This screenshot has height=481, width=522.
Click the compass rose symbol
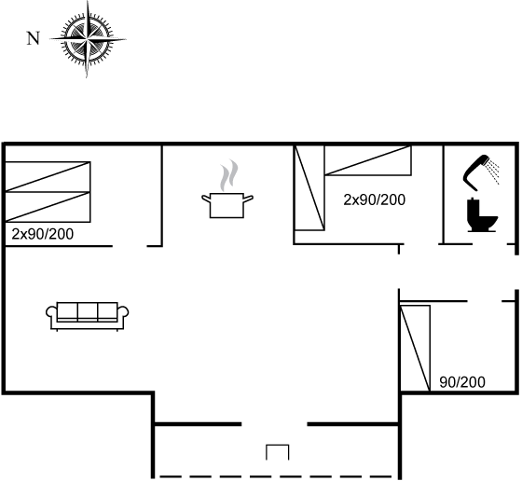click(88, 39)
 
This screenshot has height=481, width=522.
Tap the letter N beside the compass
click(33, 38)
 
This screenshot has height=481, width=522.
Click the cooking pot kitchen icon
click(227, 205)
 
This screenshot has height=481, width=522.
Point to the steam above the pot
click(229, 175)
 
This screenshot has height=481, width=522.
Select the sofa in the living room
click(88, 316)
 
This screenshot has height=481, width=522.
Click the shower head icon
click(480, 172)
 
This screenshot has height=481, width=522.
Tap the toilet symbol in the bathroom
click(482, 215)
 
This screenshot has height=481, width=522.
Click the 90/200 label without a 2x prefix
click(462, 382)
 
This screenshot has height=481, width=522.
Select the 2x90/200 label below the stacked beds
click(43, 234)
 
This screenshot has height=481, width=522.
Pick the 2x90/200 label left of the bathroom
click(374, 200)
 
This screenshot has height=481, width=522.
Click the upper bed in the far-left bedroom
click(48, 177)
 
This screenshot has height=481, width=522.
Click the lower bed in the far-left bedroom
click(48, 207)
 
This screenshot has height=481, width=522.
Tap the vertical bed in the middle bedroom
click(309, 187)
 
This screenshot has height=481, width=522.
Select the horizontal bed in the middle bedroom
click(368, 160)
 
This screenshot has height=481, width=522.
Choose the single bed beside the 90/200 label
click(415, 348)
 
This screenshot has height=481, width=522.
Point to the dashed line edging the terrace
click(276, 476)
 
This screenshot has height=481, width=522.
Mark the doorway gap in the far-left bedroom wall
click(130, 246)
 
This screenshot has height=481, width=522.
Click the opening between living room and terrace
click(274, 424)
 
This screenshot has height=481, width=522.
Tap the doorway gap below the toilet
click(489, 244)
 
